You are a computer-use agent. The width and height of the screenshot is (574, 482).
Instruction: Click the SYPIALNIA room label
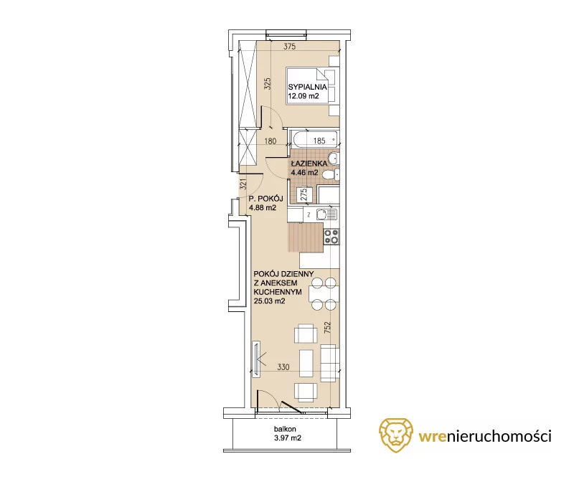307,87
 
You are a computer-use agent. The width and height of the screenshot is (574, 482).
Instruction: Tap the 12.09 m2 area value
304,96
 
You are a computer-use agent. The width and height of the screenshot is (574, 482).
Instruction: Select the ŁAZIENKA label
309,164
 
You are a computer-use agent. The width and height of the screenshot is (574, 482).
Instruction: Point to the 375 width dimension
289,47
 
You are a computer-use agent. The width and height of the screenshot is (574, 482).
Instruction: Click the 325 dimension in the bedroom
267,84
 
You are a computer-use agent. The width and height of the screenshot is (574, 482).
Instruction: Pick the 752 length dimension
327,327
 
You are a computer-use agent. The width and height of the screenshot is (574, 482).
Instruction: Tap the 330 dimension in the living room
283,367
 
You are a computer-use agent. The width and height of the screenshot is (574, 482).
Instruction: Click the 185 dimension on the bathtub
319,141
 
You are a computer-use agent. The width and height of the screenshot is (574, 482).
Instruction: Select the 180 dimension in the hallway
270,141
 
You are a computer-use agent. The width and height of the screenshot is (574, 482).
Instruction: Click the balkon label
285,429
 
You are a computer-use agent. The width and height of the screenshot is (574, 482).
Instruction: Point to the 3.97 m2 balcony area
288,438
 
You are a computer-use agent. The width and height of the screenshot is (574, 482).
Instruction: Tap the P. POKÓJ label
265,199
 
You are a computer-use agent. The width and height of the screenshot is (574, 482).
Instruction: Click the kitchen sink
326,214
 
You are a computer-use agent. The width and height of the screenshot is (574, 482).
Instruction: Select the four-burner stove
331,237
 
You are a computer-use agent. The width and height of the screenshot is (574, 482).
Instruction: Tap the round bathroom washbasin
334,159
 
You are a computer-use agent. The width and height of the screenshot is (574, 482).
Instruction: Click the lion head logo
395,435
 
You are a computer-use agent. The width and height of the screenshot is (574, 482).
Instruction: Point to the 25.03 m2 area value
270,301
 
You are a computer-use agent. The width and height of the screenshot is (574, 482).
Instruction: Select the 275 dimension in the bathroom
304,194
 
